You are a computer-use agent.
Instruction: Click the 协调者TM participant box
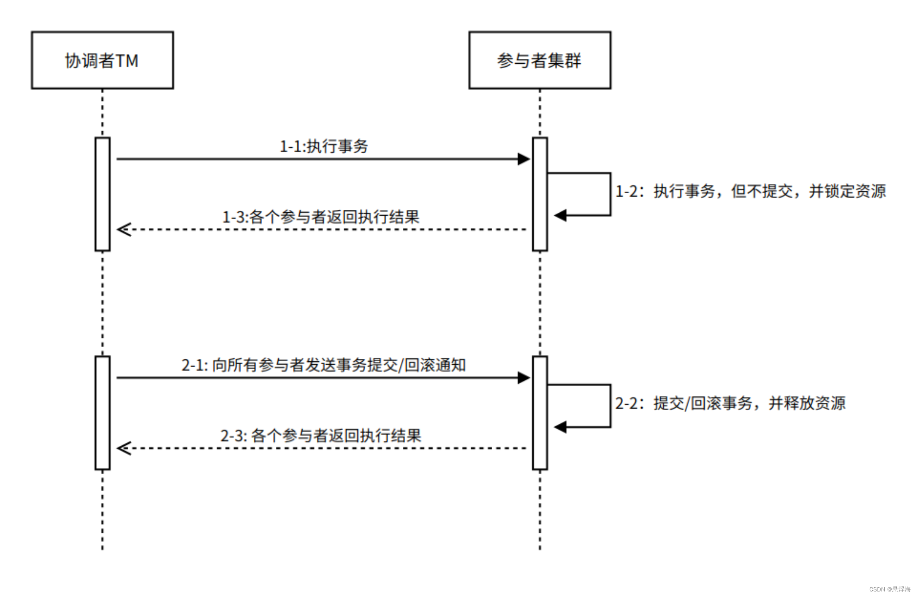click(102, 60)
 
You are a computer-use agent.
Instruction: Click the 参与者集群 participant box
click(539, 60)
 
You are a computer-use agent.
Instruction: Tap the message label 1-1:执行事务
click(324, 146)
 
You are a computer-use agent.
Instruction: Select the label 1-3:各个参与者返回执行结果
click(321, 217)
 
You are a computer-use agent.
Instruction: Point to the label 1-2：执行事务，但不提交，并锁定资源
click(750, 191)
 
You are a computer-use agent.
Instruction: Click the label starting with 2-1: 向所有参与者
click(324, 365)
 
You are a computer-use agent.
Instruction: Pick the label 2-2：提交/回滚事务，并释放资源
click(730, 403)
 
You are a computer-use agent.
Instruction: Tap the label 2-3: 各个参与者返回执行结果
click(321, 436)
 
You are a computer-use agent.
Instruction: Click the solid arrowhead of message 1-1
click(524, 159)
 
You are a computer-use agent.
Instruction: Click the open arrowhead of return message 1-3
click(124, 229)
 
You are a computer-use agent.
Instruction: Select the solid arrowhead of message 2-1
click(524, 377)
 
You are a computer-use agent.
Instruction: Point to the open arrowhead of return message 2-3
click(124, 448)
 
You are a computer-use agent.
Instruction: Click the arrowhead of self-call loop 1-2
click(560, 215)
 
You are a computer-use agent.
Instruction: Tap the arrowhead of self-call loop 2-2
click(560, 427)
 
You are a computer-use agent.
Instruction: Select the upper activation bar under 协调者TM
click(102, 194)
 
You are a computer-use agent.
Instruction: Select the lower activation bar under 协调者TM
click(102, 413)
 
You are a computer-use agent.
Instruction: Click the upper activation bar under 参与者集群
click(539, 194)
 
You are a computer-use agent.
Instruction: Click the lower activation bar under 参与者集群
click(539, 413)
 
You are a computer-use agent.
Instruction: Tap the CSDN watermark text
click(890, 589)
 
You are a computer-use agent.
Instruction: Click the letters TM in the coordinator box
click(127, 61)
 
